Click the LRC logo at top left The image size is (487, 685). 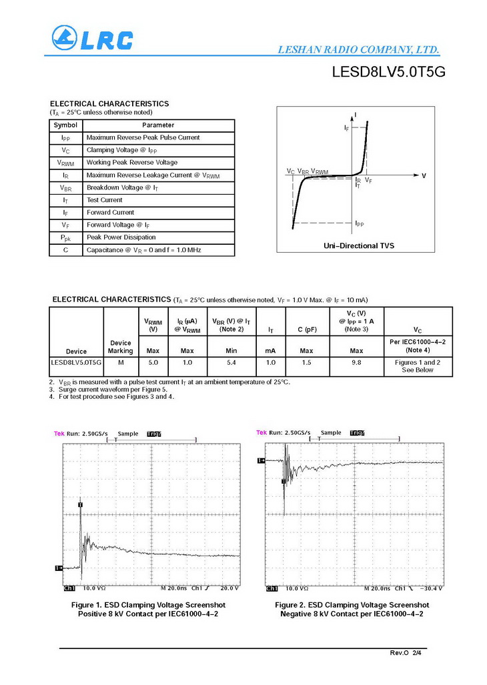pyautogui.click(x=92, y=40)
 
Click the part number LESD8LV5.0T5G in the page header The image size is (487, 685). pyautogui.click(x=388, y=73)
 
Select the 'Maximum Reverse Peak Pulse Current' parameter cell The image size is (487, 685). pyautogui.click(x=143, y=137)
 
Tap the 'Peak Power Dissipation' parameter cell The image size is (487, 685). pyautogui.click(x=121, y=237)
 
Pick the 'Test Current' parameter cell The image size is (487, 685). pyautogui.click(x=105, y=200)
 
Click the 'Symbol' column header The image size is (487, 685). pyautogui.click(x=65, y=125)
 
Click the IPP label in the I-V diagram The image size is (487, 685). pyautogui.click(x=359, y=223)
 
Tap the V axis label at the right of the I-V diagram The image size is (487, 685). pyautogui.click(x=423, y=175)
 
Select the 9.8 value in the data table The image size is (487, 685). pyautogui.click(x=356, y=362)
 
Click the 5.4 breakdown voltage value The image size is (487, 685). pyautogui.click(x=231, y=362)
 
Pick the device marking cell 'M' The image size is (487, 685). pyautogui.click(x=120, y=362)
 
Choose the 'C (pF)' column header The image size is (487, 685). pyautogui.click(x=307, y=330)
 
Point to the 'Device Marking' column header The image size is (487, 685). pyautogui.click(x=120, y=347)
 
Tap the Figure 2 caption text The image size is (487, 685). pyautogui.click(x=352, y=609)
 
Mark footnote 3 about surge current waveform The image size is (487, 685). pyautogui.click(x=113, y=390)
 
